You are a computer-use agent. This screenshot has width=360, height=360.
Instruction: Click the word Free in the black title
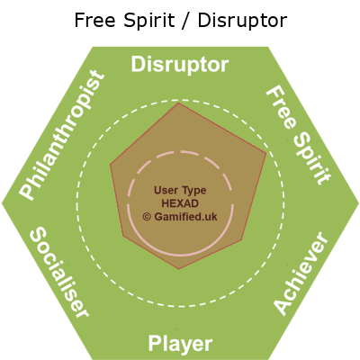tap(94, 21)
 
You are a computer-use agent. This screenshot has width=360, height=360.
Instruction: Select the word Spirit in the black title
tap(149, 21)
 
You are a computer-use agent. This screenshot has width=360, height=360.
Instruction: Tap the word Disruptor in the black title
tap(242, 21)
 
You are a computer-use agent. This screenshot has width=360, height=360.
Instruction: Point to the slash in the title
tap(186, 21)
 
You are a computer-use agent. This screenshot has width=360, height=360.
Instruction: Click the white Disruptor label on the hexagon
tap(180, 65)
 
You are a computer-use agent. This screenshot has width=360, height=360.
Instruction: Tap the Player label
tap(180, 344)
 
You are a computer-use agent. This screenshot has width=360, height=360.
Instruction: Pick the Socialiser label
tap(59, 272)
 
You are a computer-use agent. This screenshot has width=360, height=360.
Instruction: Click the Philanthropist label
tap(62, 135)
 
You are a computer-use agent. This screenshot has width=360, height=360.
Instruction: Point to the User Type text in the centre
tap(180, 191)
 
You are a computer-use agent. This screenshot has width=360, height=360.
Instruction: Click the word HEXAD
tap(180, 203)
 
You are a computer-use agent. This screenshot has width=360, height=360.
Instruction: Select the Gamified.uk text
tap(185, 217)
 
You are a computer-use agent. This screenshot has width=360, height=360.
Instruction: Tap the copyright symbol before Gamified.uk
tap(147, 217)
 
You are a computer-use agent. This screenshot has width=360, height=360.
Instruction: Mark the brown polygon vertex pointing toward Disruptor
tap(179, 103)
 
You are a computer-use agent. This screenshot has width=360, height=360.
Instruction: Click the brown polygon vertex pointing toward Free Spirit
tap(266, 153)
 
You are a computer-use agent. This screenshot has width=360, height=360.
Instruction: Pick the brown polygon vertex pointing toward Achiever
tap(242, 240)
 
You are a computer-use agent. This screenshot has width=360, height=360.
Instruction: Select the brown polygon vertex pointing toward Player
tap(179, 269)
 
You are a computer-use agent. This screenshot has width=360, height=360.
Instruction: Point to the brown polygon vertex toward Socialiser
tap(123, 236)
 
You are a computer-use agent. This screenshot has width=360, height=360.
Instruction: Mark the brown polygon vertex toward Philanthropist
tap(111, 164)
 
